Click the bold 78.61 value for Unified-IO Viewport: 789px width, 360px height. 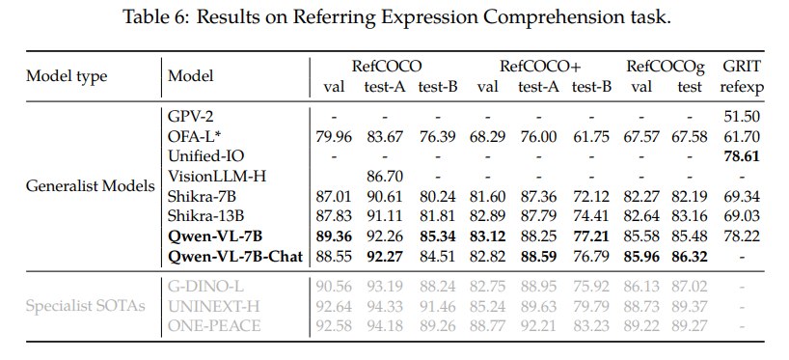741,156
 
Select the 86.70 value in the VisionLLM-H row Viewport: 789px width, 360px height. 385,177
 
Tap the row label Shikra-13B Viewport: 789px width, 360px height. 205,216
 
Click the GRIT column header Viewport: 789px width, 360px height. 741,66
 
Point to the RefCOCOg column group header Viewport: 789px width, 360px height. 666,66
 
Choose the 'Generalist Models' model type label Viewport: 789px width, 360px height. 91,186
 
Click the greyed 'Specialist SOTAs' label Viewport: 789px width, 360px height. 86,306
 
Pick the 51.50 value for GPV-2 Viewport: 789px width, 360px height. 741,117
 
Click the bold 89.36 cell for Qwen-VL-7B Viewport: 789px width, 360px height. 334,236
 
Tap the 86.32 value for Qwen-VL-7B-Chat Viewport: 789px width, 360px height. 690,257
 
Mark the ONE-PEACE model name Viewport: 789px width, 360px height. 214,326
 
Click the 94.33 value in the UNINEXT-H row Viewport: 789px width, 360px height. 385,306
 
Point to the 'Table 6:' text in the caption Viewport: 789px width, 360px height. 155,17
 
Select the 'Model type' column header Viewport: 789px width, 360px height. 67,76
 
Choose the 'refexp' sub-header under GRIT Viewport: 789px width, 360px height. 742,88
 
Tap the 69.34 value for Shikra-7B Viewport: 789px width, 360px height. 741,196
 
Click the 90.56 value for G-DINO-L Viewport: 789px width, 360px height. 334,287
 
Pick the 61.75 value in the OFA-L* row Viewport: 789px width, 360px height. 591,136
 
